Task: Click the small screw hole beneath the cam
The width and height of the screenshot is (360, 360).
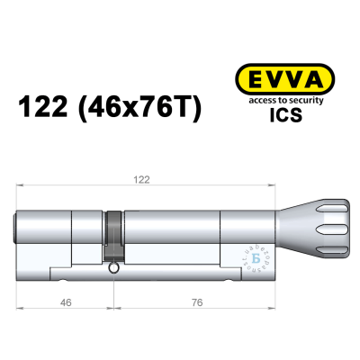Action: click(x=112, y=268)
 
